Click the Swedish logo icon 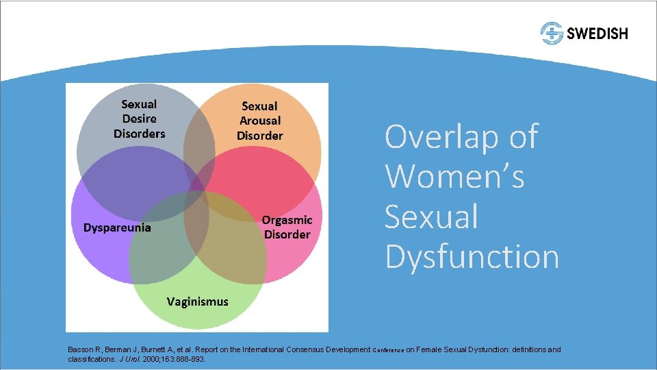tap(551, 33)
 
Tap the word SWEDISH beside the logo tap(596, 33)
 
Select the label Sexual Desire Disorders tap(140, 119)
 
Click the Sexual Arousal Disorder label tap(259, 121)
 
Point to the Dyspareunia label tap(117, 227)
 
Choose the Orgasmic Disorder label tap(287, 227)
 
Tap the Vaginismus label tap(198, 301)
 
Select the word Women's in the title tap(454, 177)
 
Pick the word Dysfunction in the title tap(472, 256)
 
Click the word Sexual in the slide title tap(431, 217)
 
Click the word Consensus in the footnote tap(300, 349)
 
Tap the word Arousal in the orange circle tap(259, 121)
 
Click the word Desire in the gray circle tap(140, 119)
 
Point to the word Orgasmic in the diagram tap(287, 220)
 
